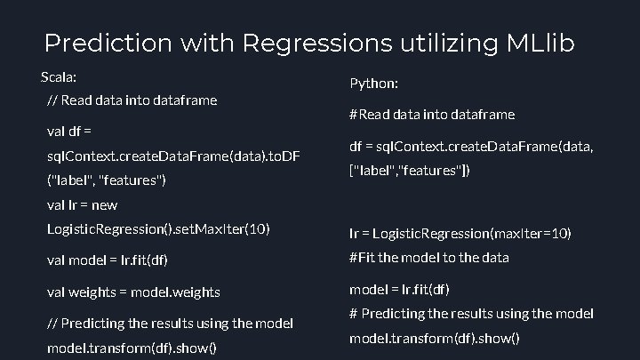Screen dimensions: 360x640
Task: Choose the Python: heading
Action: (373, 84)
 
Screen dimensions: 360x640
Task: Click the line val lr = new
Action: (81, 205)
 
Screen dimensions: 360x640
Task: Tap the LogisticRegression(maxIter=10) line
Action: (460, 234)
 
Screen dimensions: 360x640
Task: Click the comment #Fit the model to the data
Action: (429, 257)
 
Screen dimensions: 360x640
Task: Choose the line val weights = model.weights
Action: (133, 292)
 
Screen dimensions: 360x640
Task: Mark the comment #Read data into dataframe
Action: (432, 115)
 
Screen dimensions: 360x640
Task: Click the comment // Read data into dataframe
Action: (132, 100)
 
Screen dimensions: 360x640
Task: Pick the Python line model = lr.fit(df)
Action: (399, 289)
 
